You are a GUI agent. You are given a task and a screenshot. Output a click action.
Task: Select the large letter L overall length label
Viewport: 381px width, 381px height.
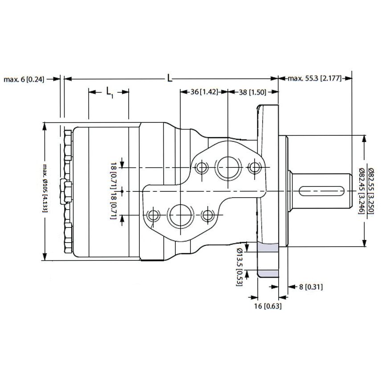coord(170,78)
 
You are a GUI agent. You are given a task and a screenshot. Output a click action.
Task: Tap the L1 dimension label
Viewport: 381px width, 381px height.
coord(109,92)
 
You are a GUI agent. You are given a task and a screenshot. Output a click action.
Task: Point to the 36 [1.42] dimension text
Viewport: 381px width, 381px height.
coord(203,92)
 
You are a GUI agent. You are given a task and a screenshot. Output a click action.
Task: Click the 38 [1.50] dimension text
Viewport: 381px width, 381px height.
coord(252,92)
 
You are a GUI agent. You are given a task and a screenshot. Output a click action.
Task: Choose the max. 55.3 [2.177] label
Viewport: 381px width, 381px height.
coord(314,79)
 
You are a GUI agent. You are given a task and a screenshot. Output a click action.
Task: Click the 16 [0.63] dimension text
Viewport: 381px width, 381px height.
coord(268,306)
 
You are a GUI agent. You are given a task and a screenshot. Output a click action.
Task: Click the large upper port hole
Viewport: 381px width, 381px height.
coord(227,168)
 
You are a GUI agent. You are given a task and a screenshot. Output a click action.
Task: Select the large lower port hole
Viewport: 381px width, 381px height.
coord(180,216)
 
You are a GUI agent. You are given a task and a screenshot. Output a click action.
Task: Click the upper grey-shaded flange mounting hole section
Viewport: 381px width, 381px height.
coord(268,247)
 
